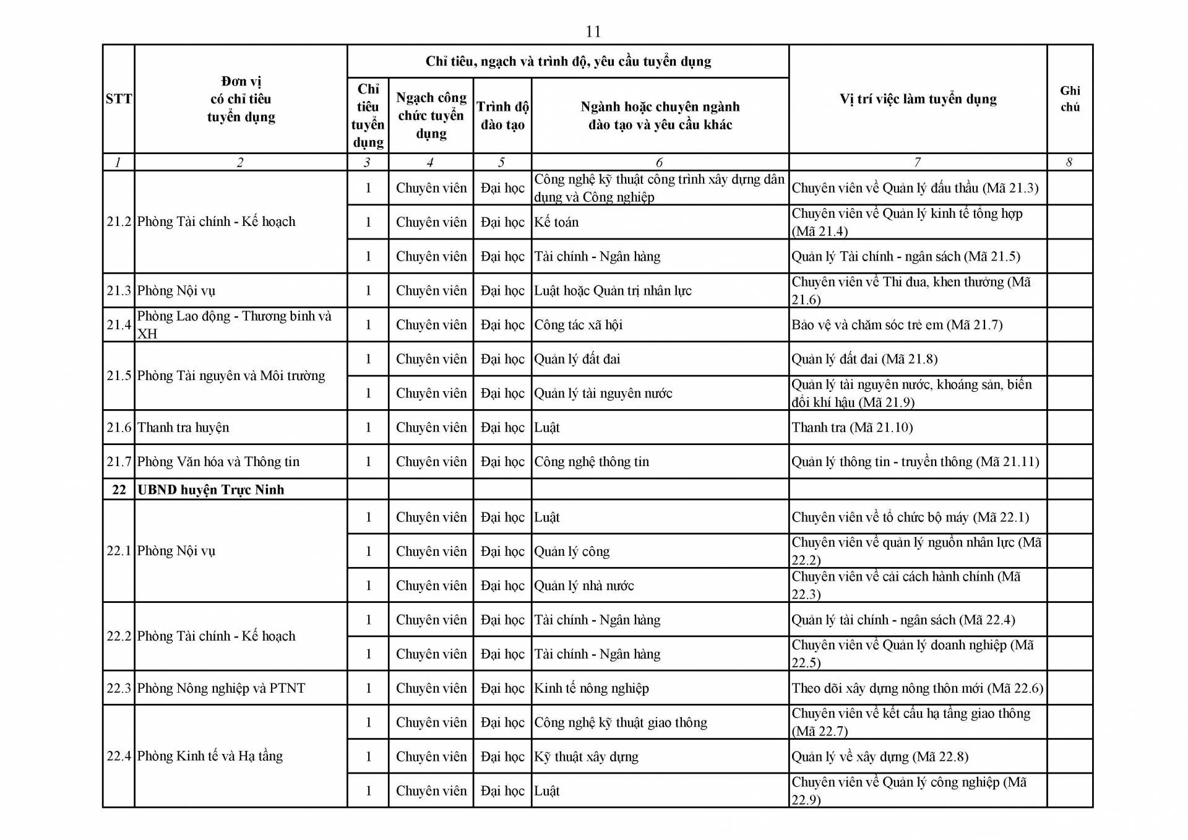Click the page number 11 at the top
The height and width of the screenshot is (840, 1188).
click(x=593, y=32)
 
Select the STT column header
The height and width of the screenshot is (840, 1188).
click(x=118, y=99)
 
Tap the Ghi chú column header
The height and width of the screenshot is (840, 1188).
click(x=1070, y=99)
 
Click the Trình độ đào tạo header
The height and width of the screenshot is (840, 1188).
click(x=502, y=116)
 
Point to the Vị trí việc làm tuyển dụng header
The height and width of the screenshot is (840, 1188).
click(x=918, y=99)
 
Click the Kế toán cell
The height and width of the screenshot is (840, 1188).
click(x=556, y=222)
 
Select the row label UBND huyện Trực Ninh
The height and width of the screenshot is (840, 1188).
click(x=210, y=490)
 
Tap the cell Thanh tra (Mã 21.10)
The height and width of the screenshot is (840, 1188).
click(x=852, y=427)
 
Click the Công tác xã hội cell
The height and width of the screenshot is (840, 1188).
click(x=578, y=325)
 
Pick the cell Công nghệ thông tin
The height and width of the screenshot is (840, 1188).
click(x=592, y=462)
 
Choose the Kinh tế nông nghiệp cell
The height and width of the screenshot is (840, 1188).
click(x=592, y=688)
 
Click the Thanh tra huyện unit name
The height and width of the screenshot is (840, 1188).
click(x=183, y=427)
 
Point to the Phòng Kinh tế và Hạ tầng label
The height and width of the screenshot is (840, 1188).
click(x=210, y=756)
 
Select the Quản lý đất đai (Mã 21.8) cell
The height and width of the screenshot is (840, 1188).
click(x=864, y=359)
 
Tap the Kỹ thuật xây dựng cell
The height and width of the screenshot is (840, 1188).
click(x=586, y=756)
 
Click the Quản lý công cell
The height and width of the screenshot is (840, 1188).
click(x=572, y=552)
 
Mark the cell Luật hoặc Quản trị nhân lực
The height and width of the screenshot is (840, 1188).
click(x=613, y=291)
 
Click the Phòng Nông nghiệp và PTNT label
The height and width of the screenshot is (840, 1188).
click(x=221, y=688)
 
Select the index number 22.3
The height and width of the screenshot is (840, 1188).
click(x=119, y=688)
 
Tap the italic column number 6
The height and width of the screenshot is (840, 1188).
click(x=659, y=162)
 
